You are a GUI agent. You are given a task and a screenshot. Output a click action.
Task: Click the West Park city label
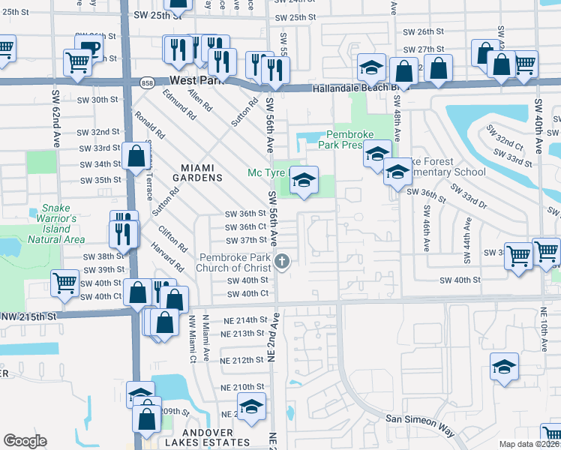click(x=196, y=80)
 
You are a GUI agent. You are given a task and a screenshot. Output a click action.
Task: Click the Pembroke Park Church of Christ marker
click(x=282, y=261)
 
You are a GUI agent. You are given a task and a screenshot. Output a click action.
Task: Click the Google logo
click(x=25, y=441)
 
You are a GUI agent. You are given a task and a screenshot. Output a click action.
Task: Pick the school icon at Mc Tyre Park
click(x=303, y=181)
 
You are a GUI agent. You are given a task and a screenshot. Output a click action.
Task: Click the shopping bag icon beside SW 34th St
click(x=136, y=157)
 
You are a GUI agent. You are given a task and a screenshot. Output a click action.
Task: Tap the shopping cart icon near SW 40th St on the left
click(x=65, y=283)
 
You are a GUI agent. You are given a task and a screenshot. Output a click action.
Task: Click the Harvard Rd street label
click(x=171, y=255)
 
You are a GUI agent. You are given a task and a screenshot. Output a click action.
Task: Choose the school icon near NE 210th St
click(x=252, y=408)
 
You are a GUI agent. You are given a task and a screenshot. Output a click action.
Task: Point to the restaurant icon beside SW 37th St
click(x=124, y=233)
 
